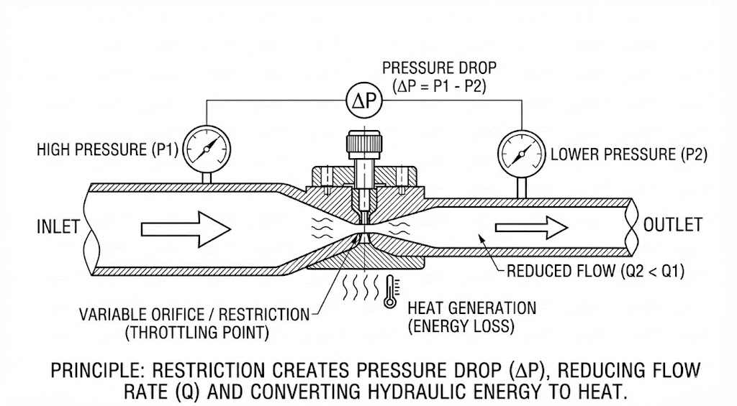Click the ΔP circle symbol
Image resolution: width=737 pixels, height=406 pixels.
click(364, 100)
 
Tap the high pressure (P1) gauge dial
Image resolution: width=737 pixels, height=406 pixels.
click(207, 149)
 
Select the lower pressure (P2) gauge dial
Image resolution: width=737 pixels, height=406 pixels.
click(521, 154)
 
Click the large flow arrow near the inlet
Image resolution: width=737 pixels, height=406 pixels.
click(186, 229)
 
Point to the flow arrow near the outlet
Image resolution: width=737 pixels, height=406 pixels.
click(532, 228)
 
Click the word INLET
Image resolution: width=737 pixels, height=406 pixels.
click(58, 226)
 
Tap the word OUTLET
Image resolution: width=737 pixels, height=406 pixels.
click(673, 225)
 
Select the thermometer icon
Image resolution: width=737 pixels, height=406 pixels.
click(390, 292)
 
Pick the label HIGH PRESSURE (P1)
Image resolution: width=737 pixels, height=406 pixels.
click(108, 149)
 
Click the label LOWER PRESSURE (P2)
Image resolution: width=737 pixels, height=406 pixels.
click(629, 154)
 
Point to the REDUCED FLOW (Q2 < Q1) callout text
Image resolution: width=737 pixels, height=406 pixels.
click(595, 271)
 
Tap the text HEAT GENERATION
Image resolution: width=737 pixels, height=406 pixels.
click(472, 308)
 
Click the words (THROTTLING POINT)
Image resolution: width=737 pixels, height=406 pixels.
click(197, 332)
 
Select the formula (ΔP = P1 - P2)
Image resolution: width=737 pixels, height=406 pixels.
click(440, 86)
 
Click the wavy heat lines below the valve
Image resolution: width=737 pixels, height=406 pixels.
click(361, 287)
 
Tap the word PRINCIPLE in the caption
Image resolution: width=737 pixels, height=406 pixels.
click(96, 370)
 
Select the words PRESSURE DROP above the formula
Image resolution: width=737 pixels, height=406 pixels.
click(439, 68)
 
